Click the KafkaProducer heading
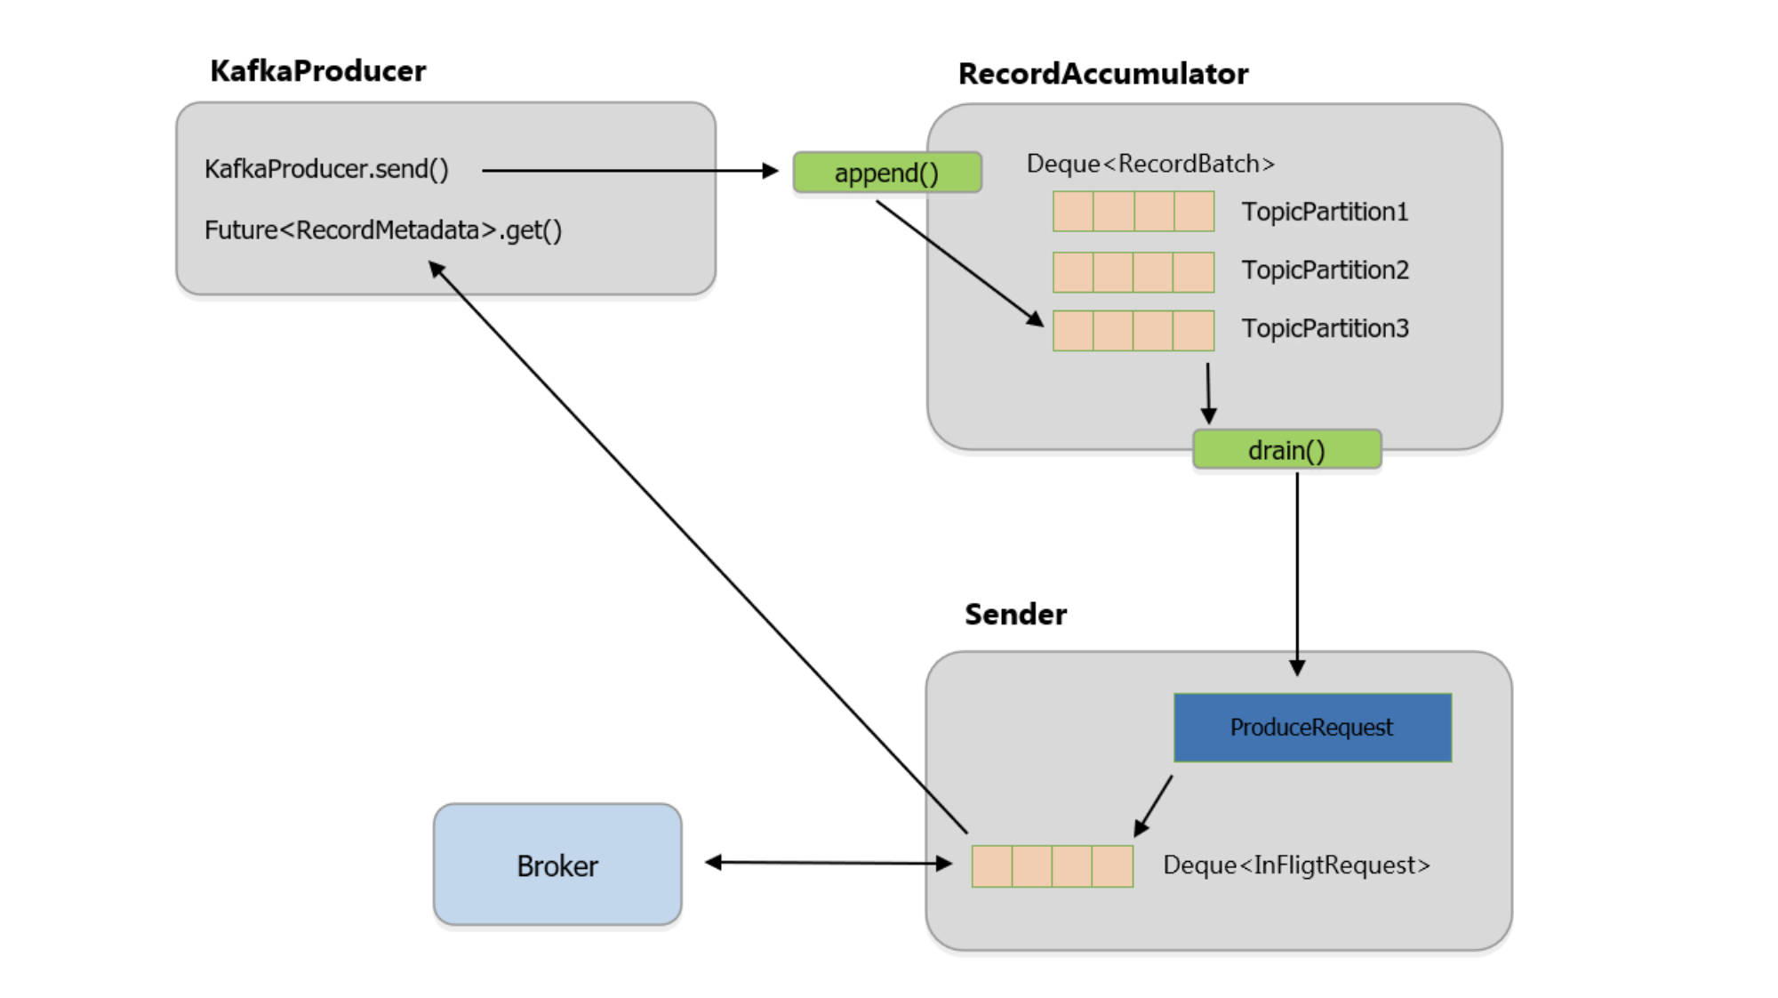tap(317, 71)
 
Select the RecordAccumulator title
tap(1102, 74)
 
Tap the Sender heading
tap(1015, 614)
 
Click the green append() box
tap(886, 173)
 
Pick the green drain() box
tap(1286, 450)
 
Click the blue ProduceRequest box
tap(1312, 728)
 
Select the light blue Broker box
tap(557, 865)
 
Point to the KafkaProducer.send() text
tap(326, 169)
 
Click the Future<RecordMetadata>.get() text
tap(383, 230)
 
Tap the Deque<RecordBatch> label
tap(1150, 164)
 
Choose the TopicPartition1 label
tap(1325, 212)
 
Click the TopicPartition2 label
tap(1325, 270)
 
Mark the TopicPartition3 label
tap(1325, 328)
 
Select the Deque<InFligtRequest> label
tap(1296, 865)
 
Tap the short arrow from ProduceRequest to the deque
tap(1153, 806)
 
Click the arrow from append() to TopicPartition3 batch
tap(959, 263)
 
